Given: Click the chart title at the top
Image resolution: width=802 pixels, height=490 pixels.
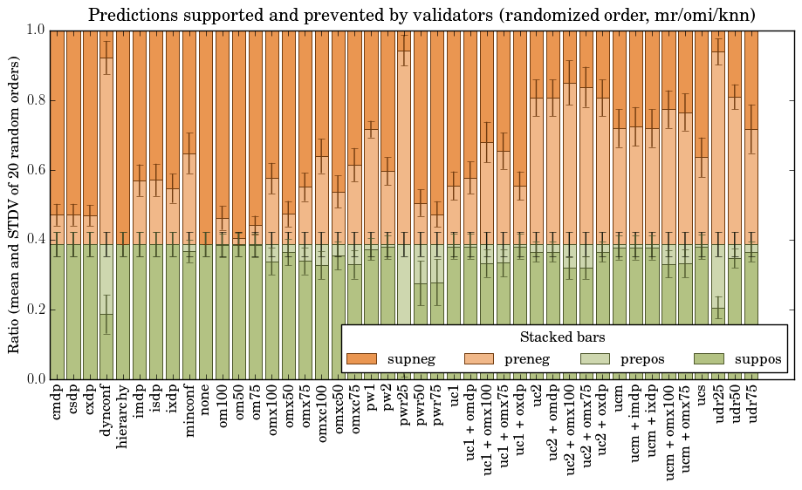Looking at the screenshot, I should (422, 15).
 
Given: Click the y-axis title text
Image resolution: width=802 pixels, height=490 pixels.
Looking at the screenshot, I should (15, 204).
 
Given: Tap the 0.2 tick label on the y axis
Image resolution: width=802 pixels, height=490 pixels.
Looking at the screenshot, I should (34, 310).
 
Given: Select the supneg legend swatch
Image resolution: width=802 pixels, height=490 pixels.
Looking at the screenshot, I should (361, 359).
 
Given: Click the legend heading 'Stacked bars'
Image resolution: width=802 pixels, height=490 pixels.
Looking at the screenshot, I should (563, 337).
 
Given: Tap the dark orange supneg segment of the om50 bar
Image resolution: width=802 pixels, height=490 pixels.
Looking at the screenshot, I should (239, 131).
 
